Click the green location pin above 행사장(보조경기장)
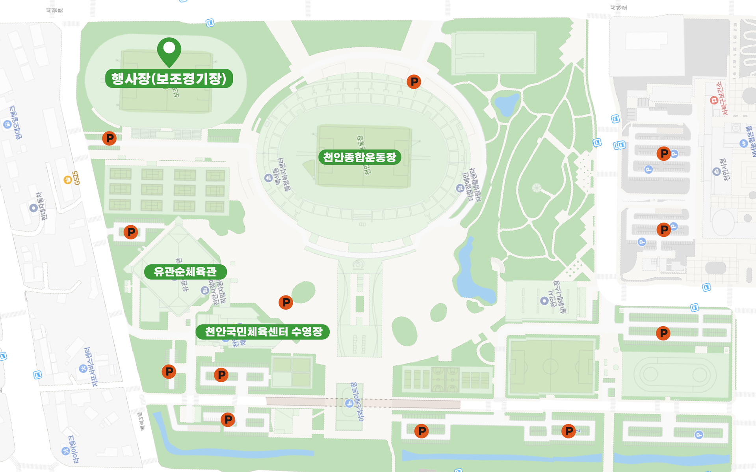[x=169, y=51]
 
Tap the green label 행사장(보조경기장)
[x=169, y=78]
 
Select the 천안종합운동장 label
[x=359, y=157]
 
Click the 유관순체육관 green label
[x=185, y=272]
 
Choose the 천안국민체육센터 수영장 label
[x=263, y=332]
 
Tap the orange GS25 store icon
[x=68, y=180]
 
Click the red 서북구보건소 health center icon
[x=714, y=100]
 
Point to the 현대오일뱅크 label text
[x=16, y=123]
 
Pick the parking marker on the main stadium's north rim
[x=414, y=82]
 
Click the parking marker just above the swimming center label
[x=286, y=302]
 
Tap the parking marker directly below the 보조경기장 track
[x=109, y=138]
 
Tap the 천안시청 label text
[x=724, y=170]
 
